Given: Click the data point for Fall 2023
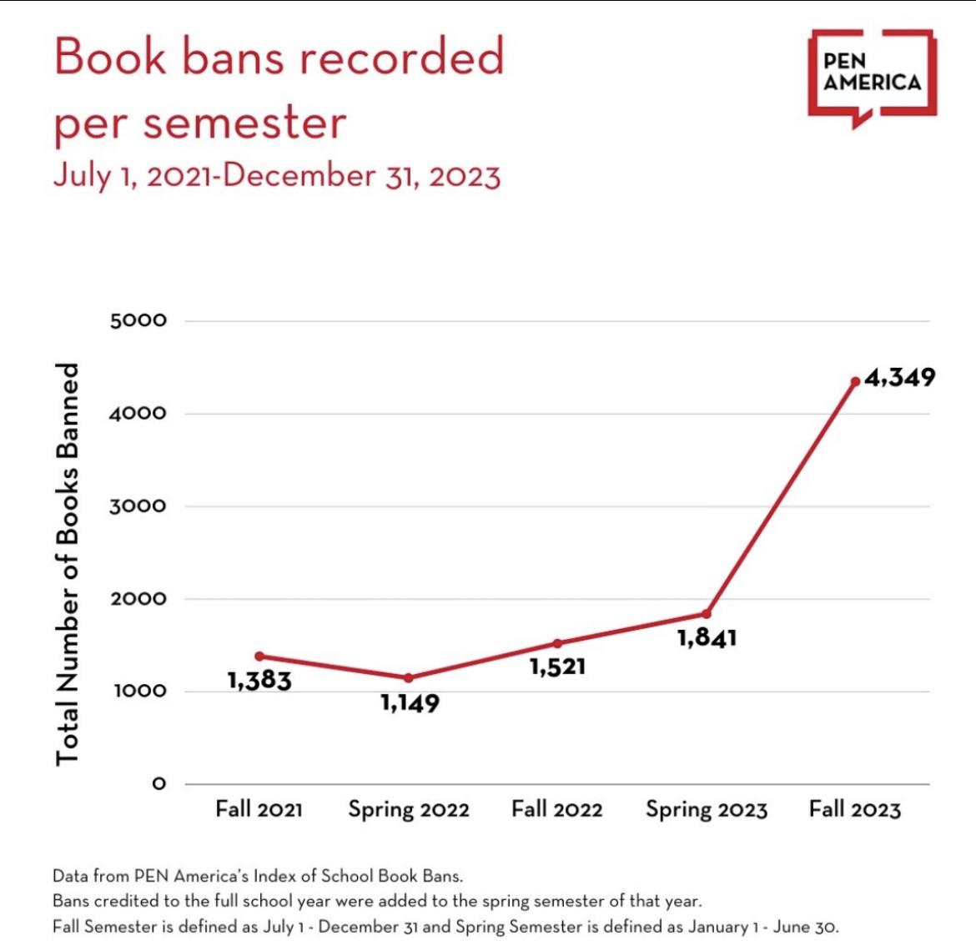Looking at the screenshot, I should point(855,381).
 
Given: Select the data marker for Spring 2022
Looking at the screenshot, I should point(408,677).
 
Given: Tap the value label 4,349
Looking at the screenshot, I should point(899,378).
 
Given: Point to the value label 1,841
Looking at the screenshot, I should point(707,638).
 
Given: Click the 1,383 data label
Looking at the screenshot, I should point(259,681).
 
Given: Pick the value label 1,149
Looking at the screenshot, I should point(410,703).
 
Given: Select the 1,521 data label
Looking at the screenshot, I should point(557,667).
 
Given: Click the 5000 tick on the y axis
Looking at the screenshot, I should point(138,320).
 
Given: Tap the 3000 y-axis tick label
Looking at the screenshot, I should point(138,506).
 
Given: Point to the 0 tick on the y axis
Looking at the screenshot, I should point(158,784).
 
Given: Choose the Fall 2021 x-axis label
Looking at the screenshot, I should point(259,809).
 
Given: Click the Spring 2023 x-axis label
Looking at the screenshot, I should point(706,810).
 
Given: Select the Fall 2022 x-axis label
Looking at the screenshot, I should point(556,809).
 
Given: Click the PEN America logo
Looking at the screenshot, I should point(872,75).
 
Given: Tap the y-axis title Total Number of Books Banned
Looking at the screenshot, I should point(67,564).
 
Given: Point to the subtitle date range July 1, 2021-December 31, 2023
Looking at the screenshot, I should point(276,176).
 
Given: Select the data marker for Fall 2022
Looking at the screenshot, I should point(557,643).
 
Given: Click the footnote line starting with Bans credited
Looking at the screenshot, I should point(377,901).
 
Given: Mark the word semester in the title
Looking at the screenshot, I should point(244,123).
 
